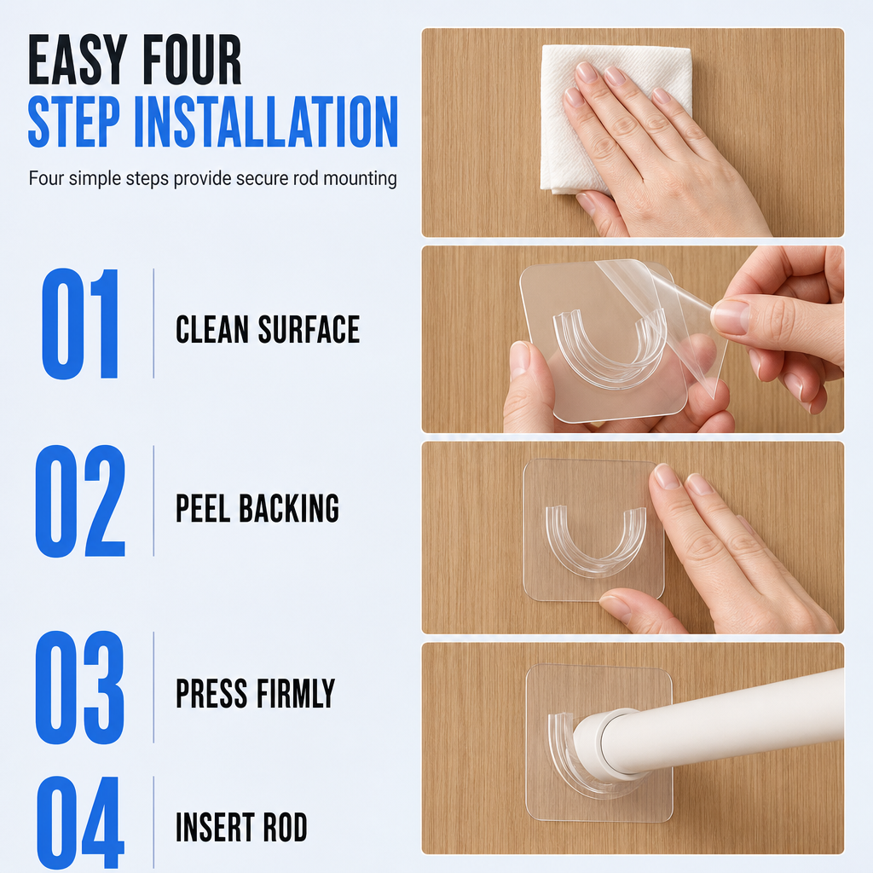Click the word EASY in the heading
(78, 60)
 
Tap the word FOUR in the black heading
(192, 60)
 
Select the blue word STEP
(73, 121)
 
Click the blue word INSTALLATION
(266, 121)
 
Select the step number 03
(80, 687)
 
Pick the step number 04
(80, 823)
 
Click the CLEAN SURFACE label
(268, 329)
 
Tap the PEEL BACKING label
(257, 508)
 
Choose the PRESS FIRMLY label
(256, 693)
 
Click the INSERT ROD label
(241, 827)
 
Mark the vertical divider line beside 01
(153, 323)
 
